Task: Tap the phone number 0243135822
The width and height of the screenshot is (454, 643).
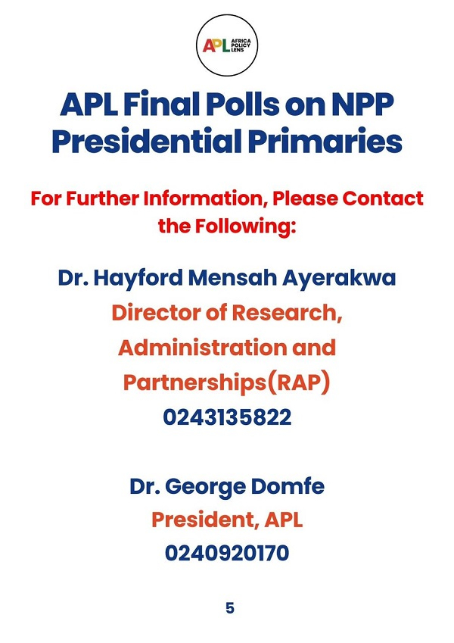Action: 227,418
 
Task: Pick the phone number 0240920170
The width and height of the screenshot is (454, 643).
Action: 227,554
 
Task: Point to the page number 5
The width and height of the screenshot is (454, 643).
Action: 230,608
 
